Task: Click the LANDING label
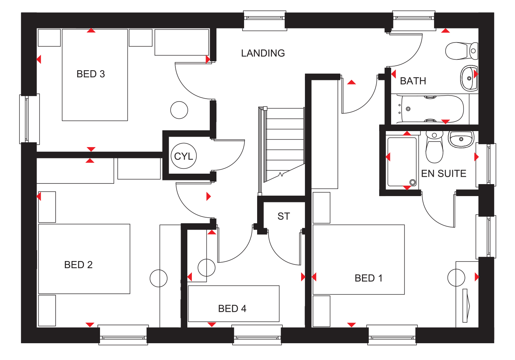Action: click(x=263, y=53)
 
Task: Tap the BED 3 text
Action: click(x=91, y=74)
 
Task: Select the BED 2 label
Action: click(x=78, y=265)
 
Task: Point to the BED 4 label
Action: click(x=232, y=308)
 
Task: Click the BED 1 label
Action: click(x=369, y=278)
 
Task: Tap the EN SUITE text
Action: click(x=443, y=173)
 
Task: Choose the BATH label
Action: click(x=413, y=81)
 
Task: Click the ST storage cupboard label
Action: click(x=284, y=216)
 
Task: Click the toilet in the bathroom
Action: click(x=461, y=51)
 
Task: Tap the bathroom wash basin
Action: click(x=469, y=78)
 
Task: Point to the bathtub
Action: click(x=430, y=109)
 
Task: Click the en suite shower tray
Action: click(x=402, y=162)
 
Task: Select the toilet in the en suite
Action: click(x=434, y=147)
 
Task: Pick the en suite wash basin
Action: click(x=461, y=139)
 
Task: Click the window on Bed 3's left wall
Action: click(x=29, y=119)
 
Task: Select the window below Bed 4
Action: click(x=257, y=335)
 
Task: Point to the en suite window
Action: click(x=486, y=164)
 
